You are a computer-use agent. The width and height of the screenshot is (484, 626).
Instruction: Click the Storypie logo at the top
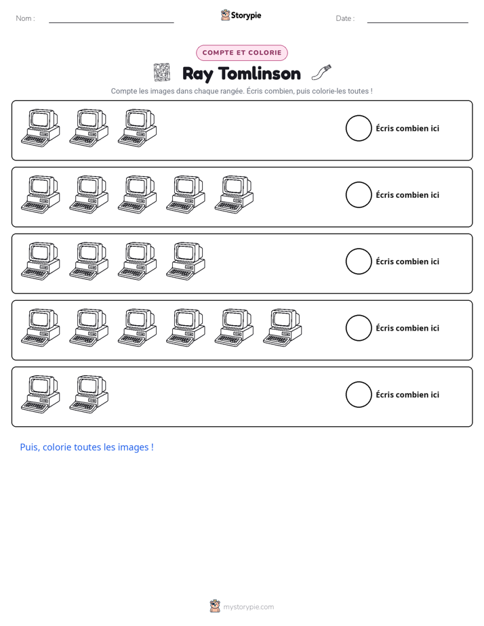[x=241, y=15]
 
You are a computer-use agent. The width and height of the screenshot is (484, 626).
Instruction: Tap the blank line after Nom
[x=111, y=22]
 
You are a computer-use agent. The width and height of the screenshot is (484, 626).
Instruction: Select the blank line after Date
[x=418, y=22]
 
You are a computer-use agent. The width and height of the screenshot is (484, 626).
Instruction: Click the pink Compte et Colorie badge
[x=242, y=53]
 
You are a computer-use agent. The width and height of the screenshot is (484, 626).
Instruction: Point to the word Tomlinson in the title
[x=260, y=74]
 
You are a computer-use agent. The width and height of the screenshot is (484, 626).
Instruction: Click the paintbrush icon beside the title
[x=321, y=72]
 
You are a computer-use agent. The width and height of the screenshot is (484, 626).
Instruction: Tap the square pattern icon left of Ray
[x=162, y=72]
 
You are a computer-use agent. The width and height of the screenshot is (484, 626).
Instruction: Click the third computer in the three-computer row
[x=138, y=128]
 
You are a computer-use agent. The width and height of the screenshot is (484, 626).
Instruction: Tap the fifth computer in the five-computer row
[x=234, y=194]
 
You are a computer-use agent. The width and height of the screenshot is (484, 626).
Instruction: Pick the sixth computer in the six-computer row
[x=282, y=327]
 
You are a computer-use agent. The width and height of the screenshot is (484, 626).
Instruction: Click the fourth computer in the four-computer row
[x=186, y=261]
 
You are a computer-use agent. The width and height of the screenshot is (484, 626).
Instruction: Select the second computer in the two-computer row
[x=89, y=394]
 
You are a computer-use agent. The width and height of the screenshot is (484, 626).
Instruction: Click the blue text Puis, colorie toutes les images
[x=87, y=447]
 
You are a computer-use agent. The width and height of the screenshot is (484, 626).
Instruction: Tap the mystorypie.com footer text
[x=248, y=607]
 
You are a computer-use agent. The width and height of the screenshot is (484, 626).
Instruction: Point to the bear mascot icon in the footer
[x=215, y=606]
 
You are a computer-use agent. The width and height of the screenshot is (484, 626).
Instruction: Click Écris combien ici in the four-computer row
[x=407, y=262]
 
